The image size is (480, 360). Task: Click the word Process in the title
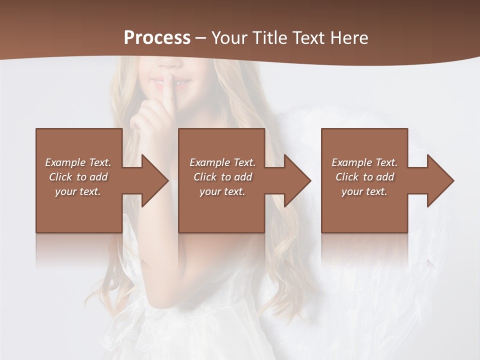157,37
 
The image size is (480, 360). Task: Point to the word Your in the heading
230,37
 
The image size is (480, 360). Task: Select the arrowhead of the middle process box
294,180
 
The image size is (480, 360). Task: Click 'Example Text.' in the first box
78,162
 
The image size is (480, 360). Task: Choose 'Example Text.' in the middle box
222,162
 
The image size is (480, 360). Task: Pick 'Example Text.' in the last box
364,162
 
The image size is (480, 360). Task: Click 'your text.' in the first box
78,191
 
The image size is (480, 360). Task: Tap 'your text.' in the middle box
222,191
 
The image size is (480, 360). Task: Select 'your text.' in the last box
364,191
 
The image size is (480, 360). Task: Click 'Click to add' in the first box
78,177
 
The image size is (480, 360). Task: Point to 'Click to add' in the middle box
222,177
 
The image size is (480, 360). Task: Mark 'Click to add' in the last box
364,177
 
